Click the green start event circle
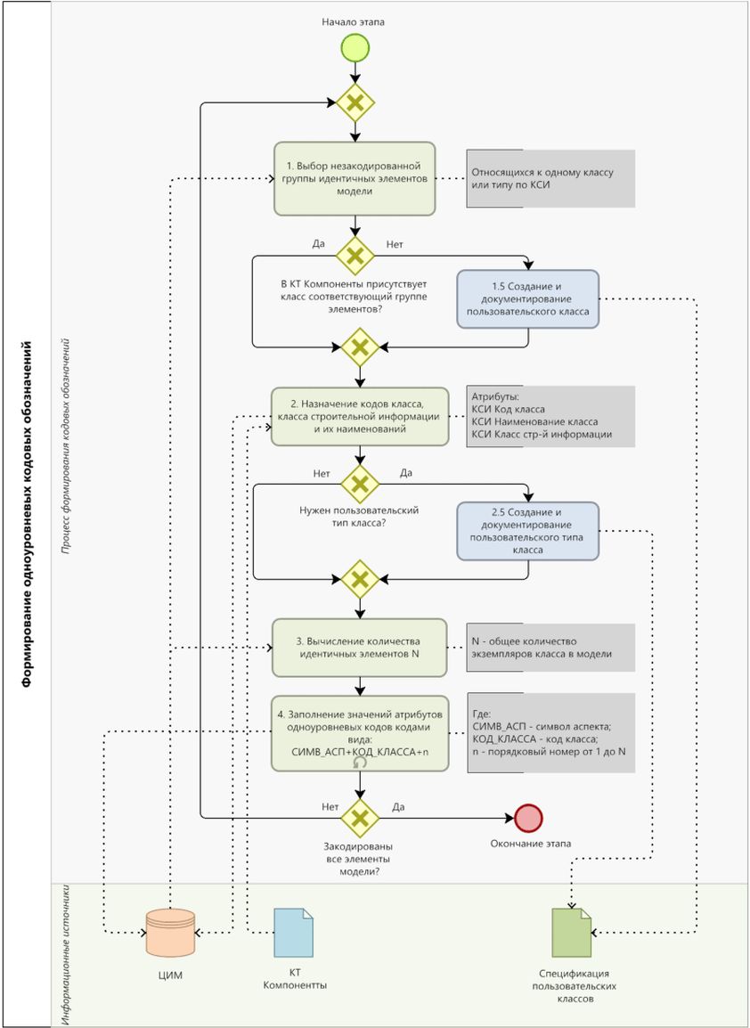pos(355,47)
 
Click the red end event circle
pos(528,817)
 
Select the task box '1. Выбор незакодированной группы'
pos(355,178)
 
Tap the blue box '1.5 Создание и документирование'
pos(527,298)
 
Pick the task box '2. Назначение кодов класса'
pos(359,416)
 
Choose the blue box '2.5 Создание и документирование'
pos(527,531)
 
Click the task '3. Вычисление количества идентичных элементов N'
pos(359,648)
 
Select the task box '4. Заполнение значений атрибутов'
pos(359,732)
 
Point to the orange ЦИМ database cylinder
pos(170,933)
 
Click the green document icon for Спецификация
pos(571,933)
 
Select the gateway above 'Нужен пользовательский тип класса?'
pos(360,485)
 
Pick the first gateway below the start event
pos(355,103)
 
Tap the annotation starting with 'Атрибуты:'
pos(550,416)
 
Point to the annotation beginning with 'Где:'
pos(550,732)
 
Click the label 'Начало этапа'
pos(354,20)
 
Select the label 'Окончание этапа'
pos(531,844)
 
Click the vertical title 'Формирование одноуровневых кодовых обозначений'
pos(27,514)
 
